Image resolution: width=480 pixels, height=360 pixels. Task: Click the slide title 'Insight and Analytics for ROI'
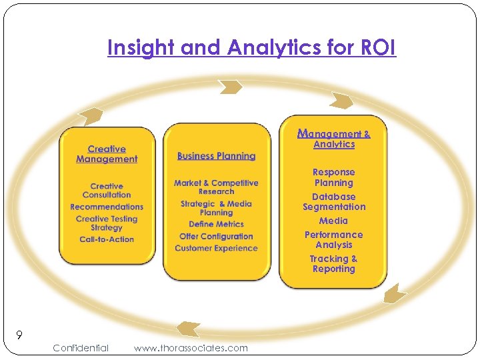coord(251,48)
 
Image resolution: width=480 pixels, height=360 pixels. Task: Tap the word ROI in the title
coord(377,48)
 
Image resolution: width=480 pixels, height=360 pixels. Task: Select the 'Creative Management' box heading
coord(107,154)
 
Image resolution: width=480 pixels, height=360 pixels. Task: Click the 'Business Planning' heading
coord(216,156)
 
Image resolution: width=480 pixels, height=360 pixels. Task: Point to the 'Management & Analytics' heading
coord(333,139)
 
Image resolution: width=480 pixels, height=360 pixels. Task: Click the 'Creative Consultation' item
coord(107,191)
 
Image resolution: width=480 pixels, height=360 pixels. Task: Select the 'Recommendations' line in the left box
coord(107,207)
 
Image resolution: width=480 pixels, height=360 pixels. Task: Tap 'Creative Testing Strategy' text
coord(107,223)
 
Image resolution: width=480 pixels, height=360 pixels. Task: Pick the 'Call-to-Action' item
coord(107,239)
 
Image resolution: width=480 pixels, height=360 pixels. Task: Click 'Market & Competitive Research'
coord(216,187)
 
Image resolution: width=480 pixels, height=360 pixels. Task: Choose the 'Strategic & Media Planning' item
coord(216,208)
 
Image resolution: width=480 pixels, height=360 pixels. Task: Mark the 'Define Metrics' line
coord(216,224)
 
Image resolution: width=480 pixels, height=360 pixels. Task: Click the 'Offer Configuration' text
coord(216,236)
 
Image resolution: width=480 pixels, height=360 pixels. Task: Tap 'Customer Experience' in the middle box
coord(216,248)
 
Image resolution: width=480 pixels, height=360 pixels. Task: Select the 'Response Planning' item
coord(333,177)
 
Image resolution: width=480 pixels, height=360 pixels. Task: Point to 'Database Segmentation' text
coord(333,202)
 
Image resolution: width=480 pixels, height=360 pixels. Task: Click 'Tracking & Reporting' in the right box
coord(333,264)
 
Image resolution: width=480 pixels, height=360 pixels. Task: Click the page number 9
coord(20,335)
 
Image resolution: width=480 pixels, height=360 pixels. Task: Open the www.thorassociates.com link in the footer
coord(190,348)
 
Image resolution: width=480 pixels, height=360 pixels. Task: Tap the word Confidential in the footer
coord(80,348)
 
